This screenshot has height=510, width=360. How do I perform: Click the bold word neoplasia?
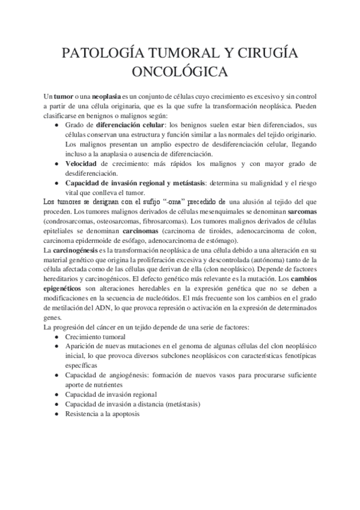pyautogui.click(x=105, y=97)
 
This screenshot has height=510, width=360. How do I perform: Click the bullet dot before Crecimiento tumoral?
pyautogui.click(x=55, y=337)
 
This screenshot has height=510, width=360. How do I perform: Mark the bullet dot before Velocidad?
pyautogui.click(x=55, y=164)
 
